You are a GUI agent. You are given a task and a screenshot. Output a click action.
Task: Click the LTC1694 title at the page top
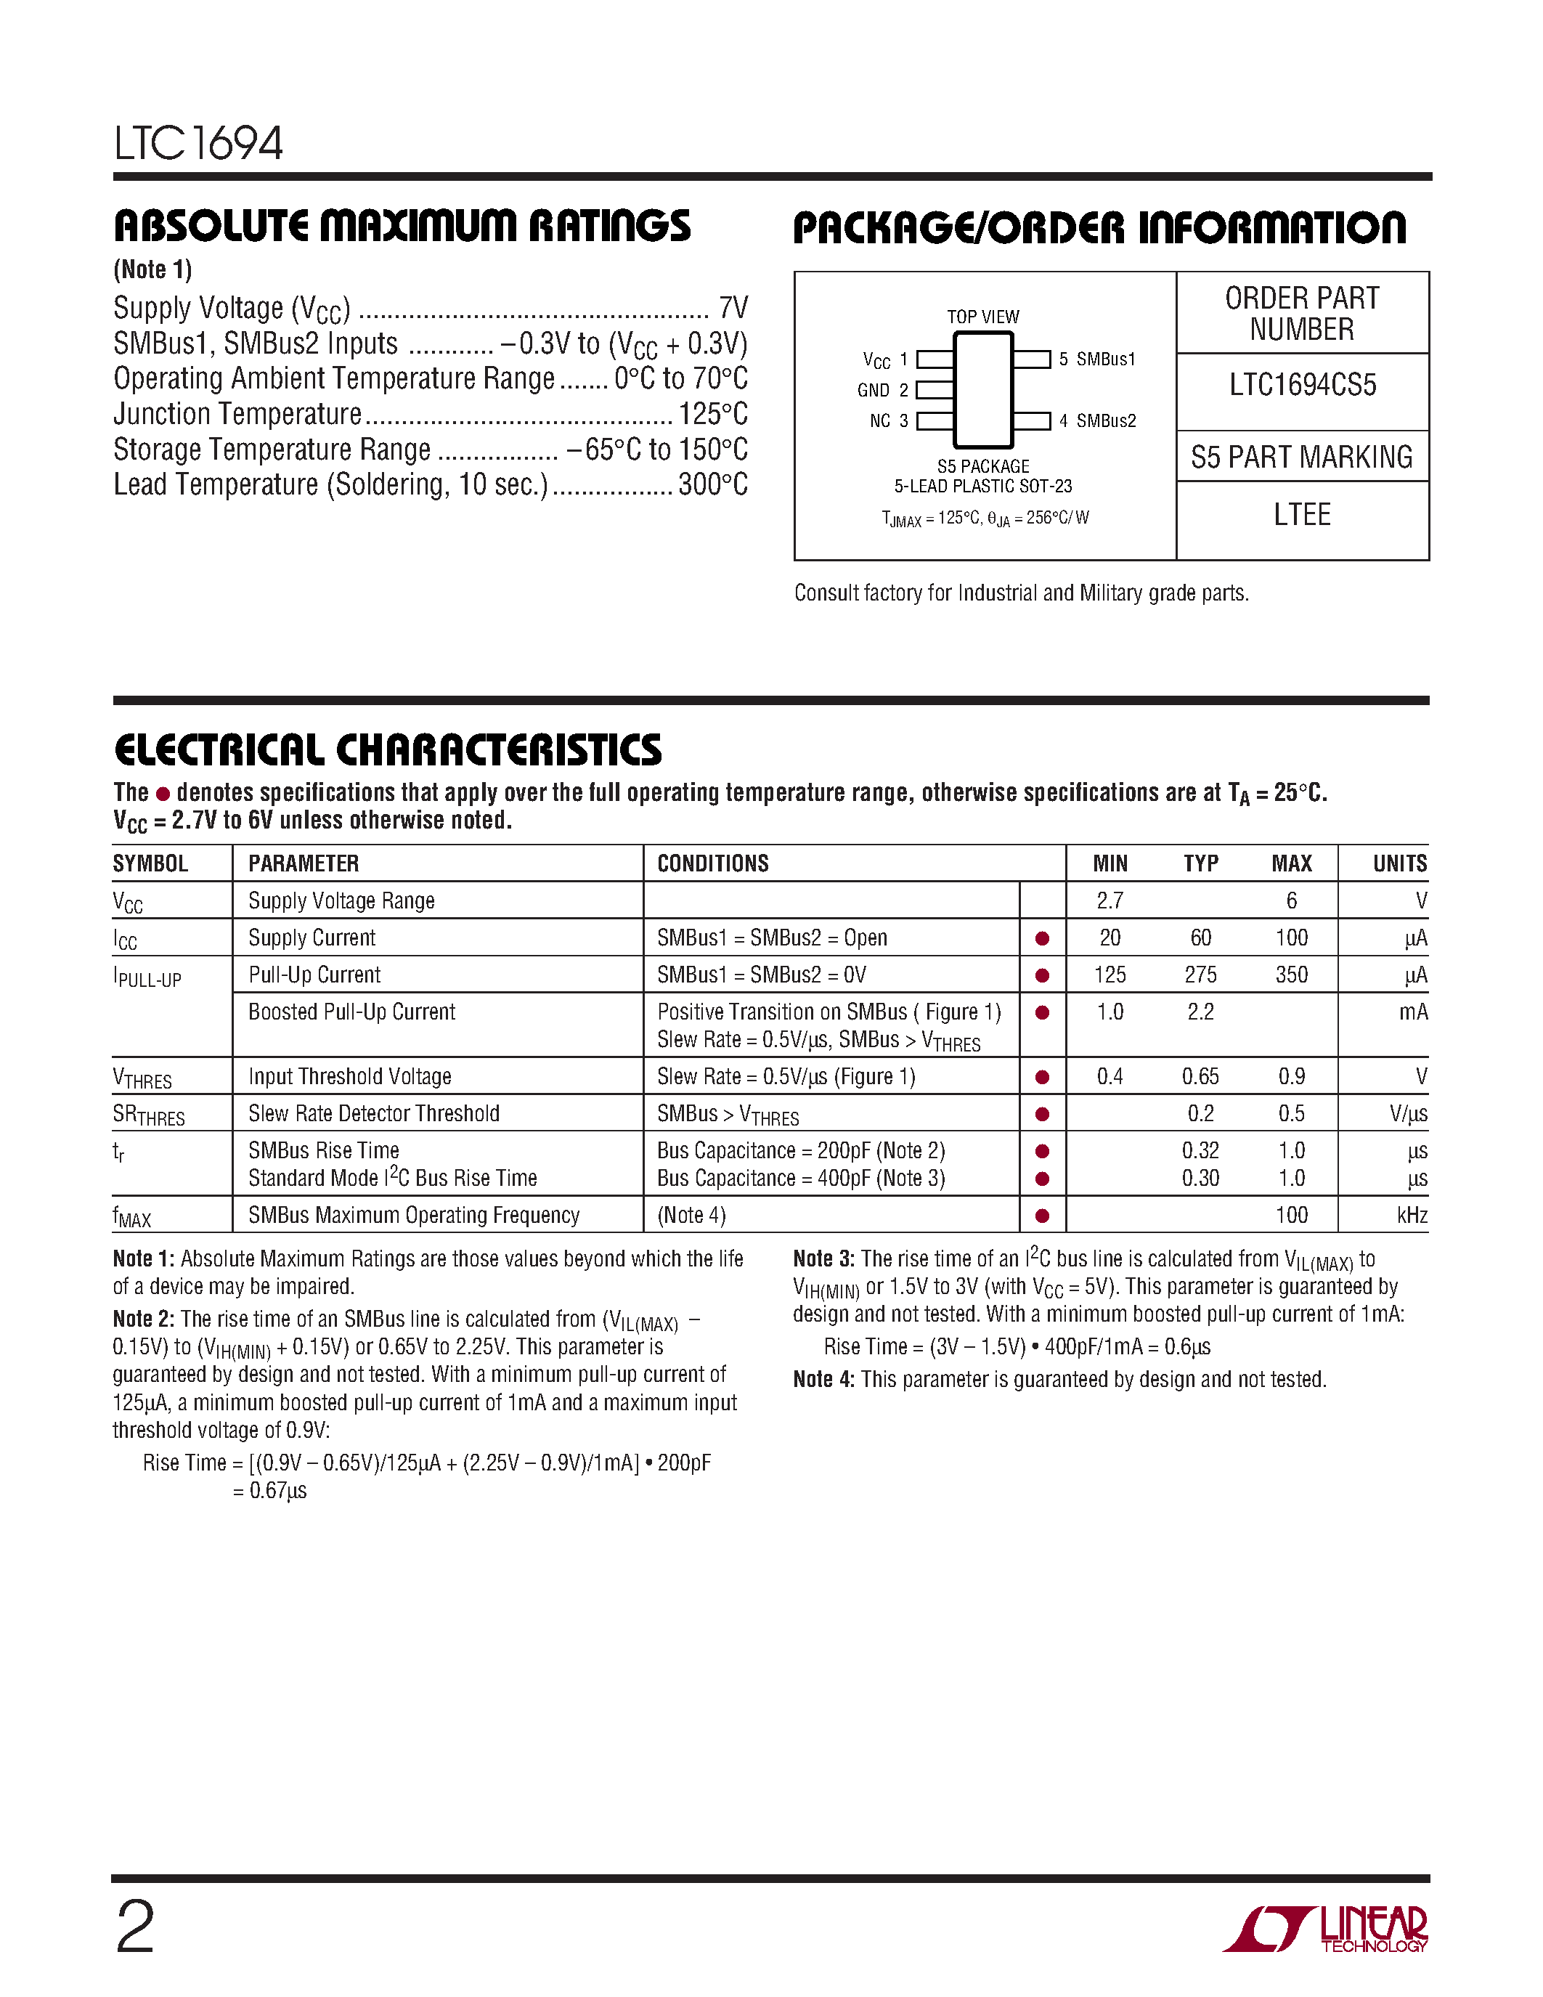(x=198, y=144)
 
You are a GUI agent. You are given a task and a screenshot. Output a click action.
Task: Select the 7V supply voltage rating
(x=733, y=307)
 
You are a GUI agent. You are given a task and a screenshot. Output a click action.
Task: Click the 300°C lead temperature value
(x=712, y=484)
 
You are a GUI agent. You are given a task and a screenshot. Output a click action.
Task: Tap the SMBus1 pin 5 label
(x=1097, y=359)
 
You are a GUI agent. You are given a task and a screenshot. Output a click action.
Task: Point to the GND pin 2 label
(x=882, y=391)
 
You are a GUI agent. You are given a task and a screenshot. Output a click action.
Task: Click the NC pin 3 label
(x=889, y=420)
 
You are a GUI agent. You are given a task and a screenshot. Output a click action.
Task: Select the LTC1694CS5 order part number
(x=1302, y=385)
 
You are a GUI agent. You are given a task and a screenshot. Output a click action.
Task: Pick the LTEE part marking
(x=1302, y=515)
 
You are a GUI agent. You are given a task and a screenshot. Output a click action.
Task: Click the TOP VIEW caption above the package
(x=982, y=317)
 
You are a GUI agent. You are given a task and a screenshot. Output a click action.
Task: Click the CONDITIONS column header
(x=713, y=863)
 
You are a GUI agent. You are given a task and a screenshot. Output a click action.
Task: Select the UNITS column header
(x=1399, y=863)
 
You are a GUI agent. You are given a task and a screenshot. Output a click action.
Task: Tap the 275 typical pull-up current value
(x=1200, y=975)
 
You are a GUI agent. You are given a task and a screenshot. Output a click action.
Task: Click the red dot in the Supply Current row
(x=1041, y=938)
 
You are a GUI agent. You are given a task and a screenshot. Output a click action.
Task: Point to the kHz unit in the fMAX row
(x=1412, y=1215)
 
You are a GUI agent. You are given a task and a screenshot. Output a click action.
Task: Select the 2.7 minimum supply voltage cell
(x=1110, y=900)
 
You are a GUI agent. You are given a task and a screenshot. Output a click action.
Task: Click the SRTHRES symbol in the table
(x=148, y=1115)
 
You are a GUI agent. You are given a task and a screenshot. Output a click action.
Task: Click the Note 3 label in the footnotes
(x=823, y=1259)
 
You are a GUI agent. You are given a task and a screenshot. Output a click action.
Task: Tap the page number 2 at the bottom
(x=135, y=1927)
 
